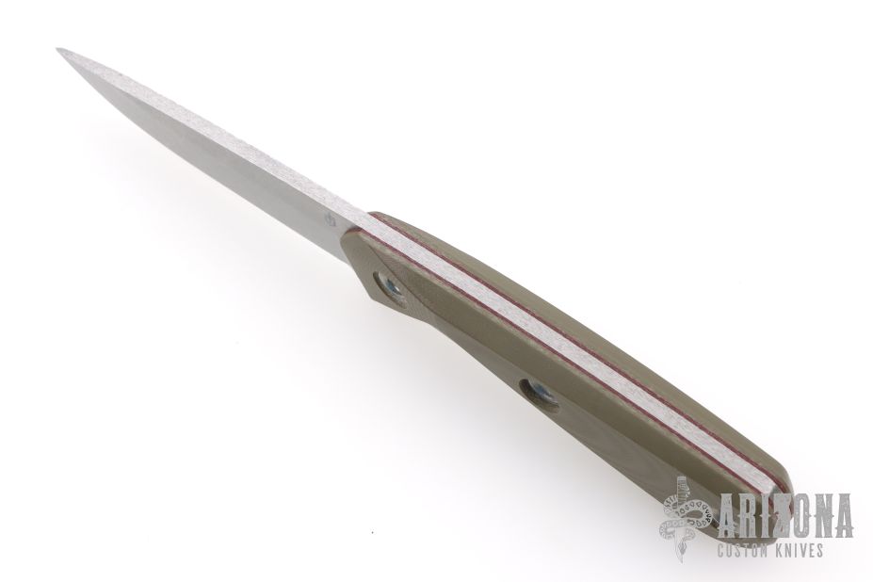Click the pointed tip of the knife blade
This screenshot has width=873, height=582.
click(x=57, y=50)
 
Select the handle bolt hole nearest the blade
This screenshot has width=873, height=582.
click(x=390, y=287)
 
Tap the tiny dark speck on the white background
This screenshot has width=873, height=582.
click(x=373, y=533)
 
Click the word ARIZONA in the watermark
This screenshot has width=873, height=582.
click(x=785, y=516)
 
